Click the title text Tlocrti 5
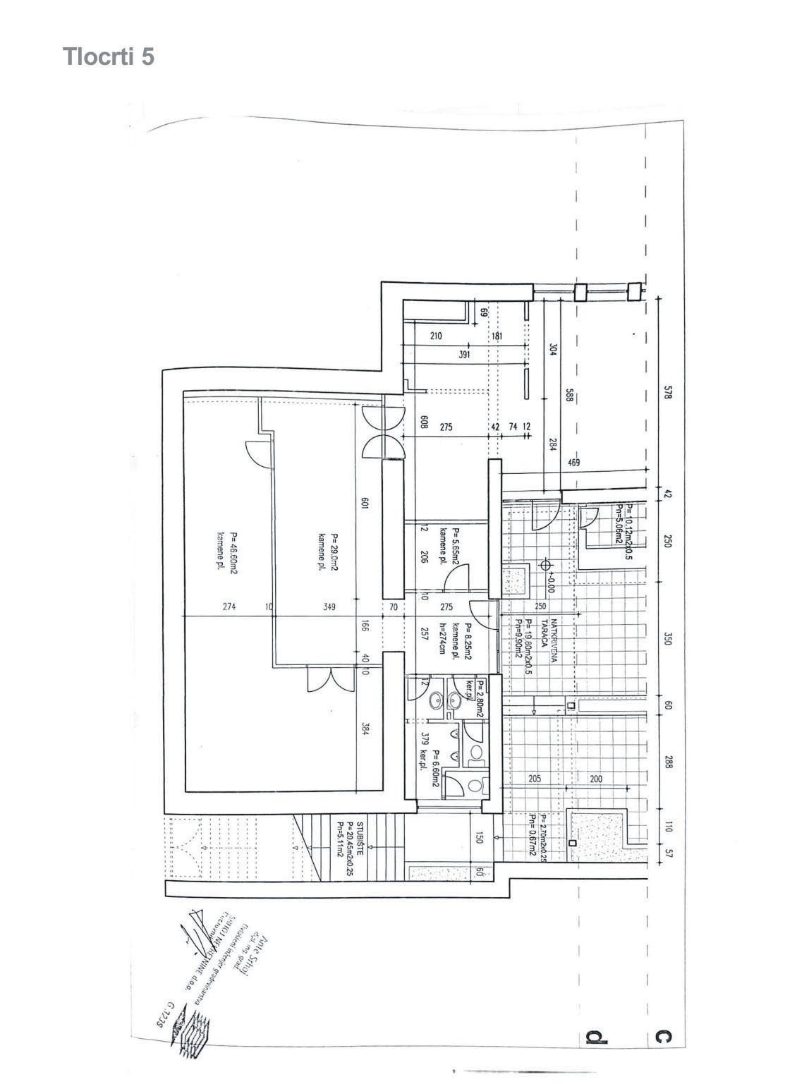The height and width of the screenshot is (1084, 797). [108, 56]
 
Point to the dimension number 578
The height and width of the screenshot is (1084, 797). [668, 392]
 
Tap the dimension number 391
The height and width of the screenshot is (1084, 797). [464, 355]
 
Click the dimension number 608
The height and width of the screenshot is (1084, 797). [424, 422]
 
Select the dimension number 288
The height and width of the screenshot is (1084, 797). [668, 762]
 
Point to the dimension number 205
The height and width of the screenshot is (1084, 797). [534, 779]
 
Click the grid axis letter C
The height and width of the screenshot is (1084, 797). [662, 1037]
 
